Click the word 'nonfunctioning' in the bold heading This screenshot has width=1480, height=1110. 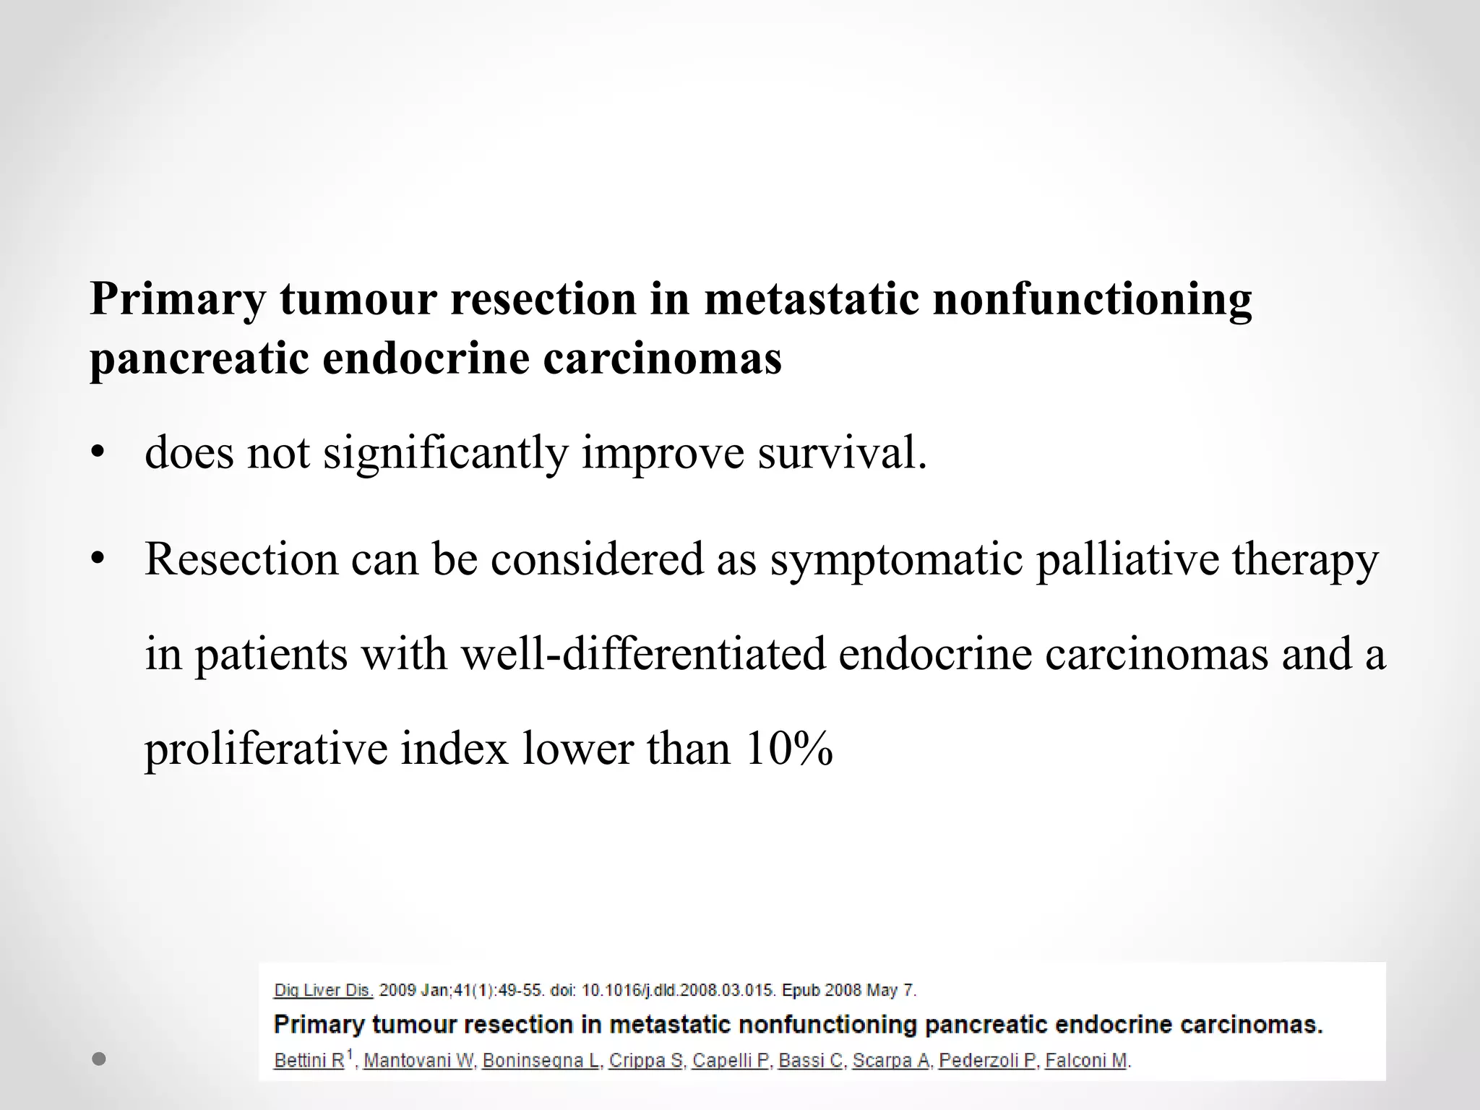(x=1092, y=299)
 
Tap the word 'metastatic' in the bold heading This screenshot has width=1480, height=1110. (x=812, y=299)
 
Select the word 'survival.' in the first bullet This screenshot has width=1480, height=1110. (x=842, y=453)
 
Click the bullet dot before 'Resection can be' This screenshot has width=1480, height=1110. (x=98, y=560)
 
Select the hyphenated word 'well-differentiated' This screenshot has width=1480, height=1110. (x=643, y=653)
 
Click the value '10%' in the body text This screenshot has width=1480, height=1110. (x=788, y=749)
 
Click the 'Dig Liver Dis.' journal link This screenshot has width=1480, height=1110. (x=323, y=990)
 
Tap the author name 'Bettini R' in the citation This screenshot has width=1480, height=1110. (x=309, y=1061)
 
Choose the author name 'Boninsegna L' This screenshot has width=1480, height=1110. (x=541, y=1061)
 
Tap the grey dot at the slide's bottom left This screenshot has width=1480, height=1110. (x=100, y=1059)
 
